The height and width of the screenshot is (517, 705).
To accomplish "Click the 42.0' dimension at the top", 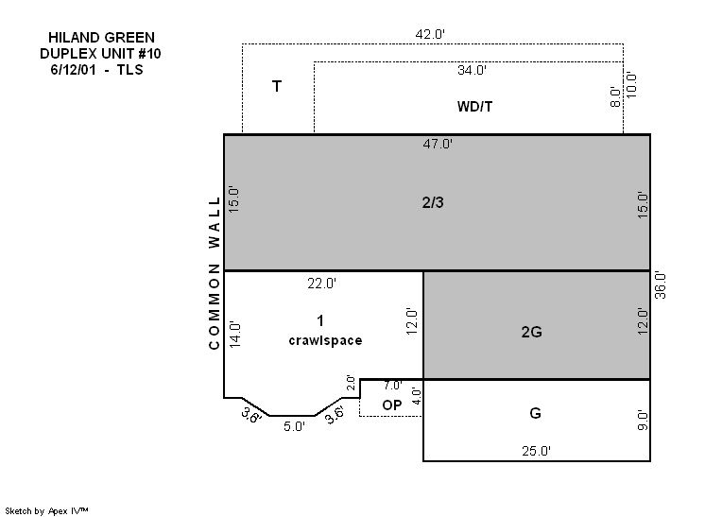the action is pyautogui.click(x=430, y=34).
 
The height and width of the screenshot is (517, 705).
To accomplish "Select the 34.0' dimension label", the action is pyautogui.click(x=473, y=70).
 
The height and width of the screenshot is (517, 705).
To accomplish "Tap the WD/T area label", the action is pyautogui.click(x=474, y=107).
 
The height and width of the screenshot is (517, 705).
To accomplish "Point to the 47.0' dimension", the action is pyautogui.click(x=438, y=144).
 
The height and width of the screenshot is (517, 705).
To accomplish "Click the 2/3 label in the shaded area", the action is pyautogui.click(x=433, y=203).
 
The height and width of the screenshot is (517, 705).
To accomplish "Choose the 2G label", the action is pyautogui.click(x=531, y=332).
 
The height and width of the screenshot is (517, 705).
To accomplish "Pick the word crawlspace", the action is pyautogui.click(x=325, y=340).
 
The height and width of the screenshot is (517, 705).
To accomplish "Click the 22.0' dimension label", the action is pyautogui.click(x=322, y=284).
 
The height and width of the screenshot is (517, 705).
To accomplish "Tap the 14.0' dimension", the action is pyautogui.click(x=235, y=334).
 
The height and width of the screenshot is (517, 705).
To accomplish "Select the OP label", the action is pyautogui.click(x=391, y=405).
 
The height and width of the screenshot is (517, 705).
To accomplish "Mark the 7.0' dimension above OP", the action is pyautogui.click(x=393, y=386).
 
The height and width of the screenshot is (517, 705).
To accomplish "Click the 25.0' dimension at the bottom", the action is pyautogui.click(x=536, y=451).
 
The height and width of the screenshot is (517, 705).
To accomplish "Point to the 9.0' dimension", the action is pyautogui.click(x=643, y=420).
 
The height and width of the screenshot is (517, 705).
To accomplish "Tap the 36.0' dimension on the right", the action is pyautogui.click(x=660, y=285).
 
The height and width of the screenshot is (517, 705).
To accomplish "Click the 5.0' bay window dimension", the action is pyautogui.click(x=294, y=426).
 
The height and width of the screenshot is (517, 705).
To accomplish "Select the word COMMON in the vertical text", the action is pyautogui.click(x=214, y=307).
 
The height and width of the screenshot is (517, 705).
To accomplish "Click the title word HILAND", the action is pyautogui.click(x=74, y=37).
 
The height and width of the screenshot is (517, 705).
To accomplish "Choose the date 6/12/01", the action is pyautogui.click(x=73, y=70).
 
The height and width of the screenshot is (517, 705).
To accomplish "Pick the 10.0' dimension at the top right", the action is pyautogui.click(x=631, y=84).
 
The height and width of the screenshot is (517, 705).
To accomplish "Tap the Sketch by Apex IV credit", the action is pyautogui.click(x=46, y=510).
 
